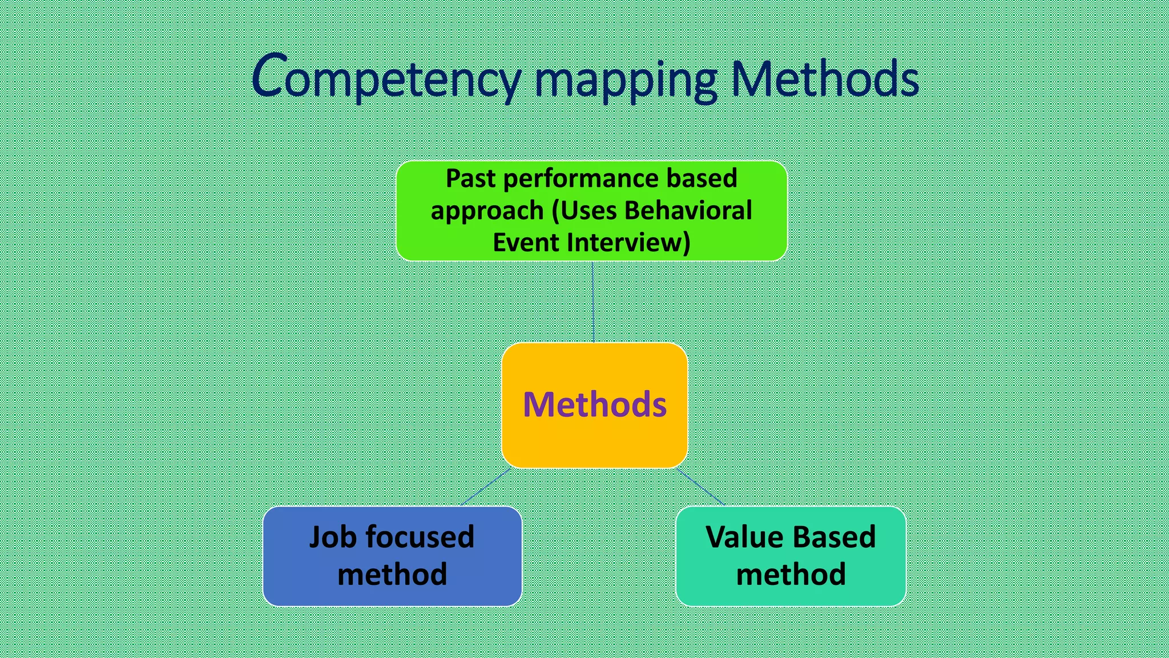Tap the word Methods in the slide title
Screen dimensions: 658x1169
tap(824, 79)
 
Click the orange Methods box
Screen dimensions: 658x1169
tap(594, 404)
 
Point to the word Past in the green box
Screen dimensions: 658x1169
tap(470, 179)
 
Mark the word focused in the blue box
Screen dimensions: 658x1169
tap(420, 537)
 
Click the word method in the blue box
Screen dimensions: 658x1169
tap(392, 575)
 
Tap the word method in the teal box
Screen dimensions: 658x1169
tap(791, 575)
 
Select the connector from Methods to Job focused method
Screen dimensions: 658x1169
tap(486, 487)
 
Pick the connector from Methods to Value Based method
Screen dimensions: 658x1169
tap(700, 486)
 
